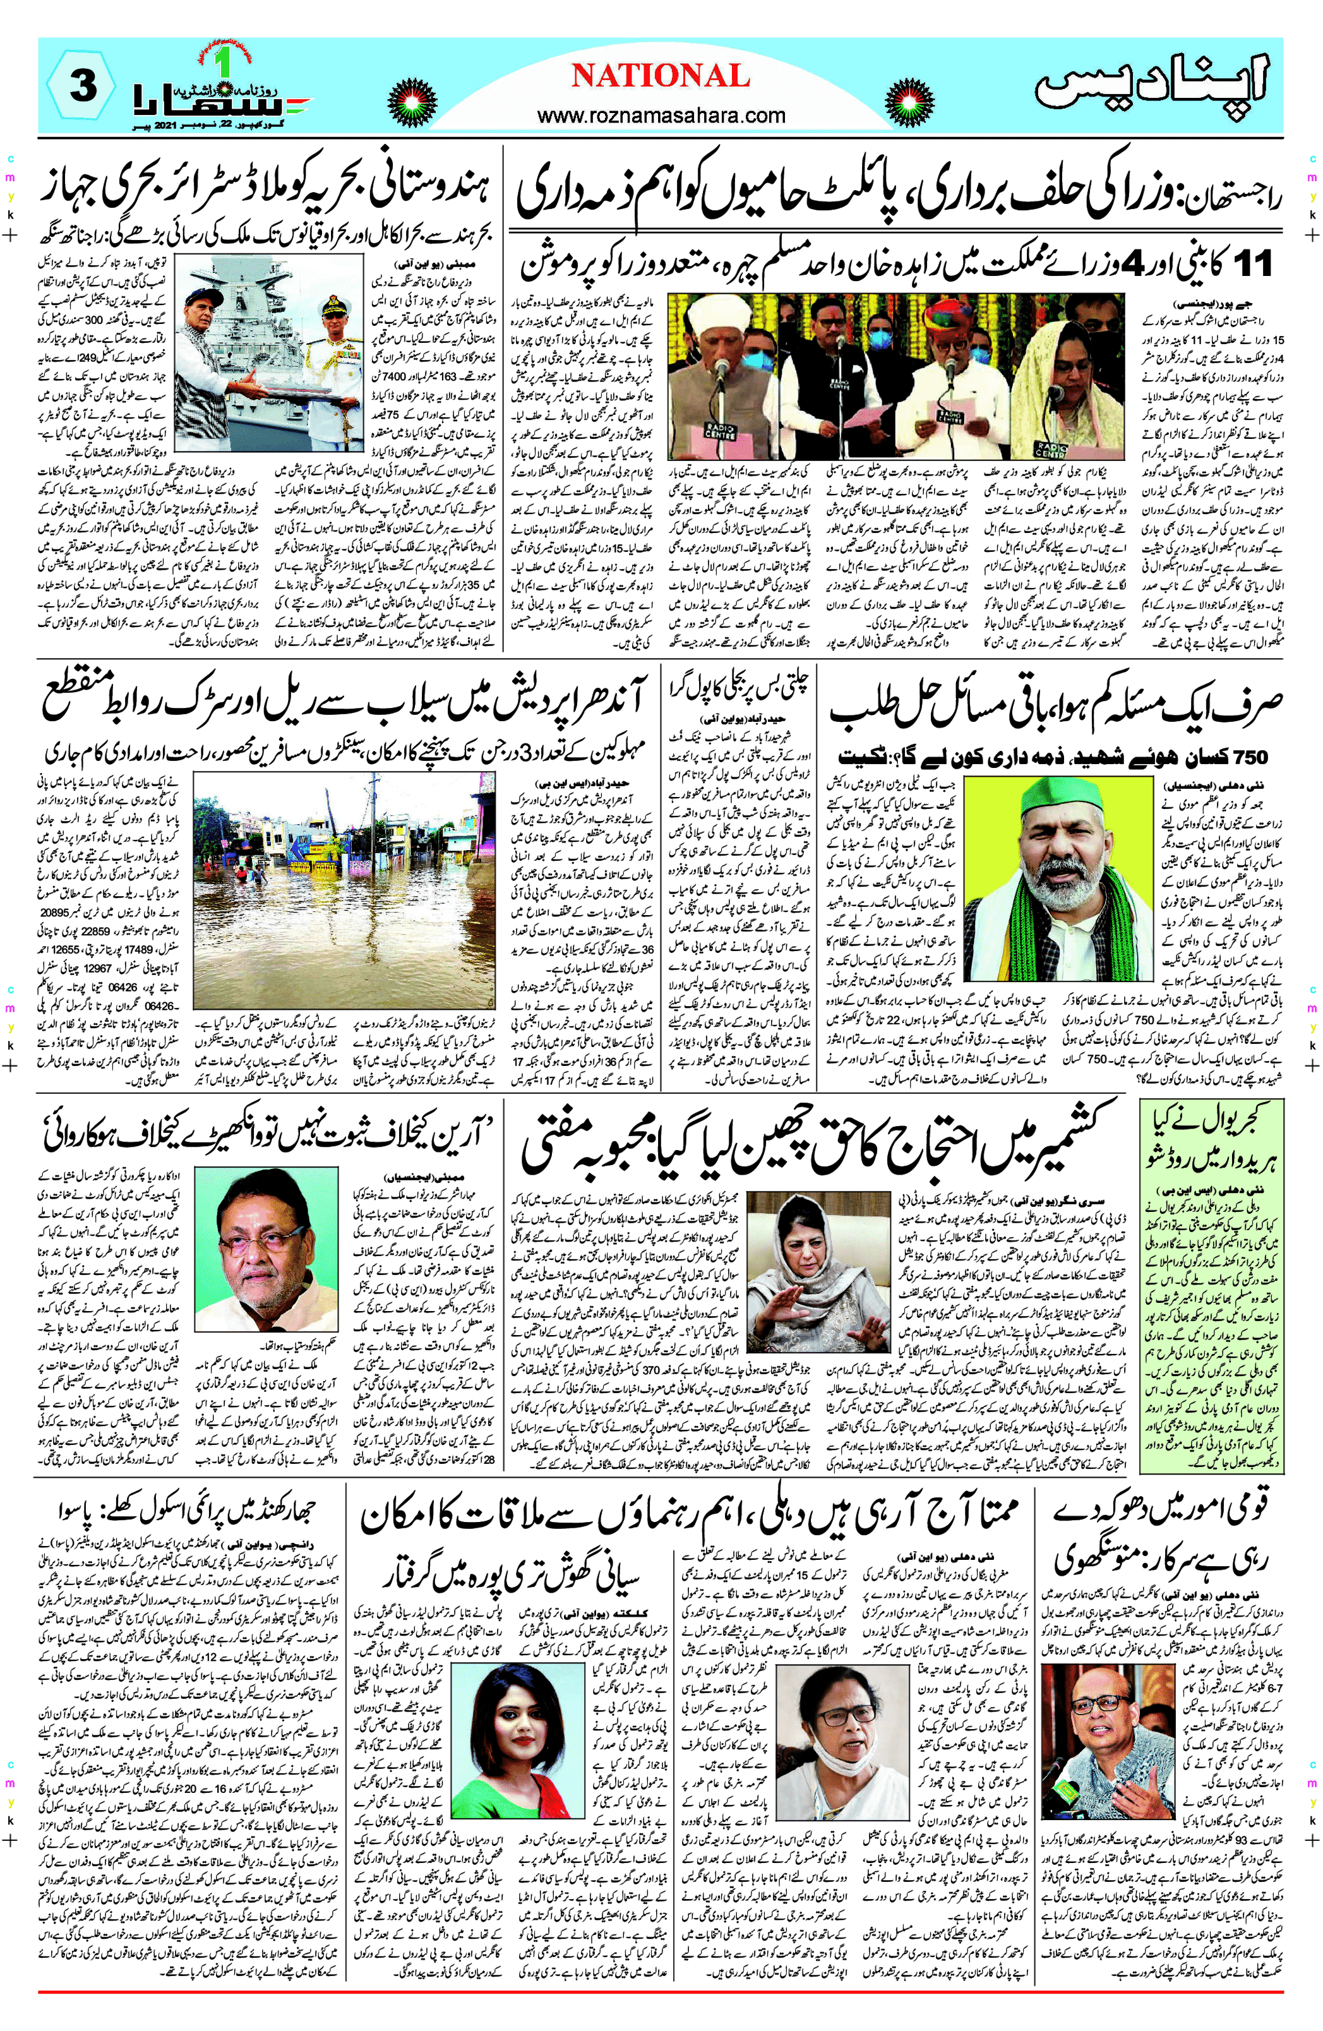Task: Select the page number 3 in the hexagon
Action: click(81, 88)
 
